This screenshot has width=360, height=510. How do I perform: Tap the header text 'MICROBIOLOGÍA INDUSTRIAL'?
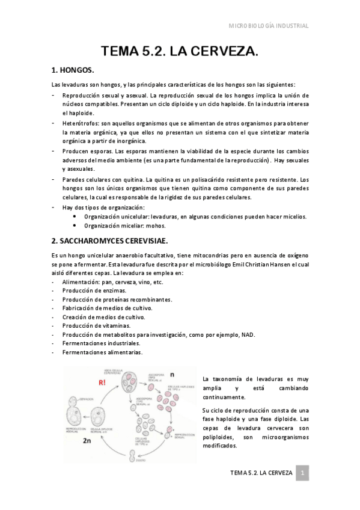(x=269, y=26)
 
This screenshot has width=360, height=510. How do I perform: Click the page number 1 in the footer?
(x=304, y=473)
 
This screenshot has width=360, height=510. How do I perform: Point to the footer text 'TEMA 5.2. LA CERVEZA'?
(x=261, y=473)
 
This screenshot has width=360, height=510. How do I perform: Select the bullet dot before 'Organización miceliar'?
(x=74, y=226)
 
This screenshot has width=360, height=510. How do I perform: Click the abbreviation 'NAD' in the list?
(x=248, y=334)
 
